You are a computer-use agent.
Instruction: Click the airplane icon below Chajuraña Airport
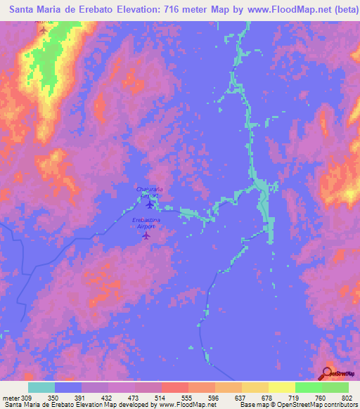(149, 204)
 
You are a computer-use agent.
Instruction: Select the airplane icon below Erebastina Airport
(146, 235)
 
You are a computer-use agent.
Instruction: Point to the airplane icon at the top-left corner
(43, 30)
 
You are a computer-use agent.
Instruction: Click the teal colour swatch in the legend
(41, 387)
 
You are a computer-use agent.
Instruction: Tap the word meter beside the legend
(11, 397)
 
